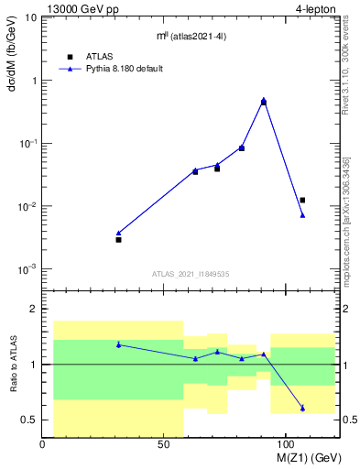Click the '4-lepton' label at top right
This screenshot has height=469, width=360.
(316, 9)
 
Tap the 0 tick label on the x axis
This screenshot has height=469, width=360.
(43, 444)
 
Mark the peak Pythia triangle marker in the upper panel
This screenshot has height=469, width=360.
(264, 100)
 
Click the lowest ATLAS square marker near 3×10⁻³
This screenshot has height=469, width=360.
(118, 239)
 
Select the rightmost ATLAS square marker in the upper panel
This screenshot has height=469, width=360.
(302, 200)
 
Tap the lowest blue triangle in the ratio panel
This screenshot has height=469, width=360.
(302, 408)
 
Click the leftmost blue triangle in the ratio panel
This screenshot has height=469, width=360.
(118, 344)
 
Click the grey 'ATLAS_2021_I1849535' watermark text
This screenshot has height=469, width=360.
(191, 273)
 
